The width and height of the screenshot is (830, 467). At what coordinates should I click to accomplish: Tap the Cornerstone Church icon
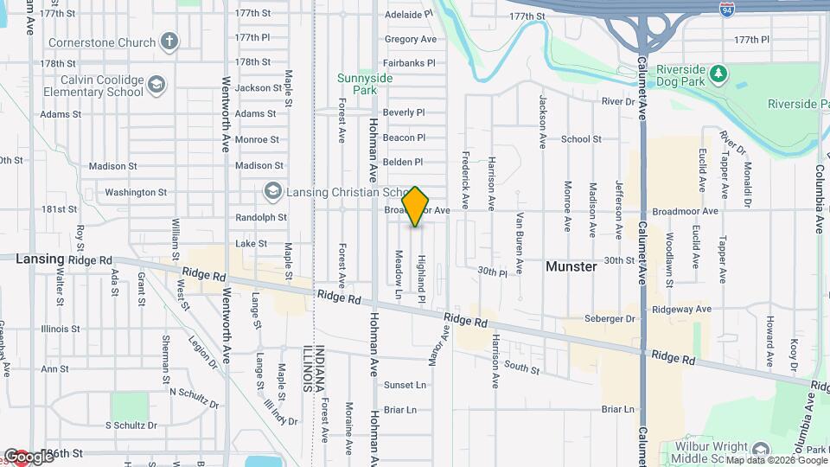pos(170,42)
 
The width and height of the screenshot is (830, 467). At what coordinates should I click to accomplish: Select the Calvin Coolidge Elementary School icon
pos(156,85)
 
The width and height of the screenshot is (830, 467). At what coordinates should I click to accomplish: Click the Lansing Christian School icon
pos(273,190)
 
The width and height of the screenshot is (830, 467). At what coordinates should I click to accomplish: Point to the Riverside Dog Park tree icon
pos(717,74)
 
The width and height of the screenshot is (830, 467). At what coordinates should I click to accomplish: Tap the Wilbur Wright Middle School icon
pos(760,450)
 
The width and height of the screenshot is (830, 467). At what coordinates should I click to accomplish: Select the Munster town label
pos(571,266)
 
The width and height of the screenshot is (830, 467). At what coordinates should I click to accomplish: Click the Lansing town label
pos(40,259)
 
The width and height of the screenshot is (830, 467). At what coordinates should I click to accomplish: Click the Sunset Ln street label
pos(405,385)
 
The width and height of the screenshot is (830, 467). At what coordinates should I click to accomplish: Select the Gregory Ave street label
pos(411,40)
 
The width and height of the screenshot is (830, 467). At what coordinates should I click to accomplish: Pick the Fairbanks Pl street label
pos(409,63)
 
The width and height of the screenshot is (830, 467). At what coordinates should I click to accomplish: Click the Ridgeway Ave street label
pos(681,309)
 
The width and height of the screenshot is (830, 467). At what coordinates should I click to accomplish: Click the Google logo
pos(29,456)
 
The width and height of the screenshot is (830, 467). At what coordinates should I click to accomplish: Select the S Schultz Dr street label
pos(131,425)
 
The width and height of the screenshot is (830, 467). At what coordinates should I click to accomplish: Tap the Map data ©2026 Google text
pos(775,460)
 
